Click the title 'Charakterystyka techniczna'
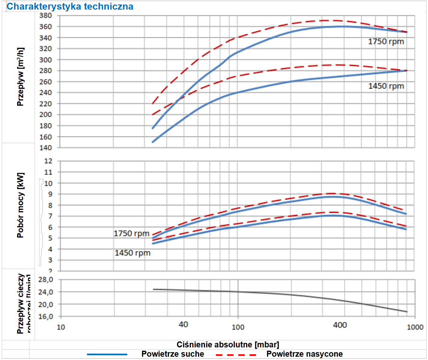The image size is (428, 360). (x=70, y=6)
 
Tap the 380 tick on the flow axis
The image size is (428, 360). (x=46, y=16)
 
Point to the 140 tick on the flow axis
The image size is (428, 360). (x=46, y=148)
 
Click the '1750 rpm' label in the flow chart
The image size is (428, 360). (x=386, y=41)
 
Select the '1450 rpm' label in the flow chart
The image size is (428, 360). (x=386, y=86)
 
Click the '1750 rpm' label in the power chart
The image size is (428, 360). (x=131, y=233)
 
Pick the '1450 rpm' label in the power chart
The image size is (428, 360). (x=132, y=253)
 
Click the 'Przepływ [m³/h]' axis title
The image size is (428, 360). (x=20, y=77)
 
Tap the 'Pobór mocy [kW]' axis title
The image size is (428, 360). (x=20, y=205)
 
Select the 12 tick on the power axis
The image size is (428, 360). (x=48, y=161)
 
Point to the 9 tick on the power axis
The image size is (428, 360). (x=50, y=194)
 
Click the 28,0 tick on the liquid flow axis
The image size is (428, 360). (x=46, y=280)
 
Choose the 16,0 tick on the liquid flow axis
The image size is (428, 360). (x=46, y=316)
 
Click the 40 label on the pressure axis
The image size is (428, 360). (x=183, y=324)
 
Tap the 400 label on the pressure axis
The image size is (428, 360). (x=340, y=325)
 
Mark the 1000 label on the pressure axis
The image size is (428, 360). (x=415, y=327)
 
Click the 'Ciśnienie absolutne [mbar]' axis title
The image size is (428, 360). (x=228, y=344)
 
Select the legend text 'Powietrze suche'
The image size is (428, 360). (x=173, y=354)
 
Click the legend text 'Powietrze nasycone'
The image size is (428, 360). (x=304, y=354)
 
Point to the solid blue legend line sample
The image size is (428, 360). (x=107, y=354)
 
